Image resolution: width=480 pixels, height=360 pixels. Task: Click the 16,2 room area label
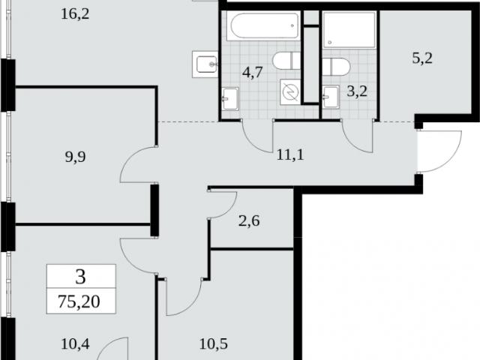75,13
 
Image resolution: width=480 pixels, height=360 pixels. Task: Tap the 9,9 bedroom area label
75,157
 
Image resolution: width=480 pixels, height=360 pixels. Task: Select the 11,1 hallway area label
290,154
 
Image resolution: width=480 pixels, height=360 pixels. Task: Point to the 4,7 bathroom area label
253,73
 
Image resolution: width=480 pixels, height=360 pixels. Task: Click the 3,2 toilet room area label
357,91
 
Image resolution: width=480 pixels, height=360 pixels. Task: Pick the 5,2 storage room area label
422,58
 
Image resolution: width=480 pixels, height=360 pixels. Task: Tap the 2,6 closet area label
249,220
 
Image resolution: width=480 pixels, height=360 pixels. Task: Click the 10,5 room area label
213,343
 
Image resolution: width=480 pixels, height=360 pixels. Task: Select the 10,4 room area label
75,343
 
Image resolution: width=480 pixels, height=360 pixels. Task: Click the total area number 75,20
79,301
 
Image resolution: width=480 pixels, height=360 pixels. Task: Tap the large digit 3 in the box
80,277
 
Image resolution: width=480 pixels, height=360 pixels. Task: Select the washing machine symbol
290,92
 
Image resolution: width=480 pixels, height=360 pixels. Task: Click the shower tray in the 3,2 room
349,30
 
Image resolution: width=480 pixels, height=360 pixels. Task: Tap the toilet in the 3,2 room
335,67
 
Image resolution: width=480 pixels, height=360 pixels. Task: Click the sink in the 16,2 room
205,64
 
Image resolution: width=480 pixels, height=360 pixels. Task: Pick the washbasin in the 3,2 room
331,97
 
